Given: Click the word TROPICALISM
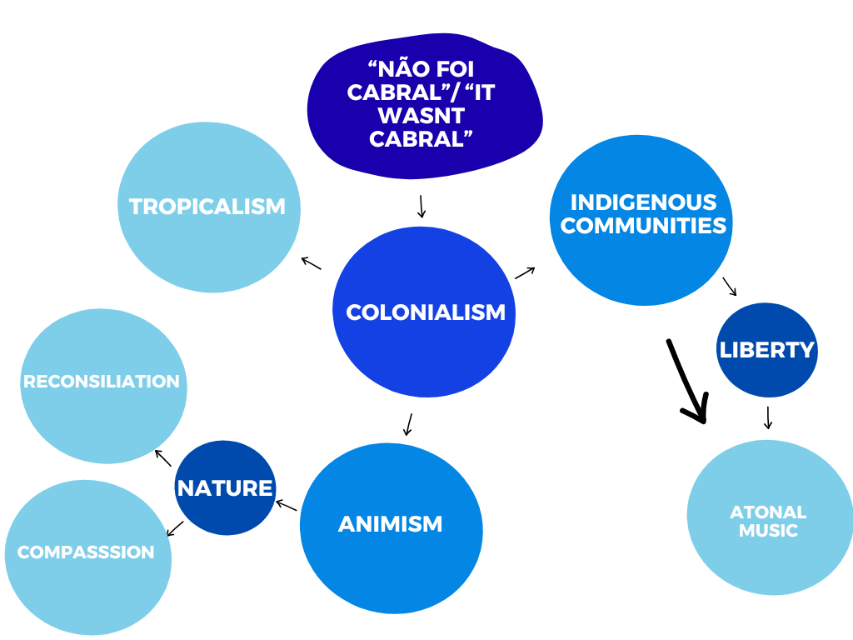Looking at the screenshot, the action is [207, 206].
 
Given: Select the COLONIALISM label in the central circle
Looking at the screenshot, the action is [425, 312].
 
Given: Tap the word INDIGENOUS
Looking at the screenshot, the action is [643, 202].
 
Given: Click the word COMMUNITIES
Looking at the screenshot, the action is [643, 225].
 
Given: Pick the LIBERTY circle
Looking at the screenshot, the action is [766, 350].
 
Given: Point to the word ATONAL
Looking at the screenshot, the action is [768, 512].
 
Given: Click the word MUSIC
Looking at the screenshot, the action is [768, 530].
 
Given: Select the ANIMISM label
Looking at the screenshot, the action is [390, 524].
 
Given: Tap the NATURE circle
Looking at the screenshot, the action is [225, 487].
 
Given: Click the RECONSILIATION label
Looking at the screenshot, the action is [102, 382].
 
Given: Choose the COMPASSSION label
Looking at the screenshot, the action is [86, 552].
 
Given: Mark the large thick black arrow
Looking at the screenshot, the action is [688, 381].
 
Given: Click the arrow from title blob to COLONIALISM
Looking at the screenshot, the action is [422, 207].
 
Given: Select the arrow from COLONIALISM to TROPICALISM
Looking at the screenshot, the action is [311, 262].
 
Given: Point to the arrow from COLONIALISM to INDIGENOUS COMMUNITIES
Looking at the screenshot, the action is [525, 272].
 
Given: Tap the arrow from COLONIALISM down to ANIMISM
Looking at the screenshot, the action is [408, 423].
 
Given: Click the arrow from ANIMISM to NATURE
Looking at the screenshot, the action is [286, 504].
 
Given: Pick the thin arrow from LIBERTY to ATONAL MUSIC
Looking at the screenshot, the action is [768, 417].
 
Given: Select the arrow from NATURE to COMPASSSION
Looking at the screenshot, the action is [175, 528].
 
